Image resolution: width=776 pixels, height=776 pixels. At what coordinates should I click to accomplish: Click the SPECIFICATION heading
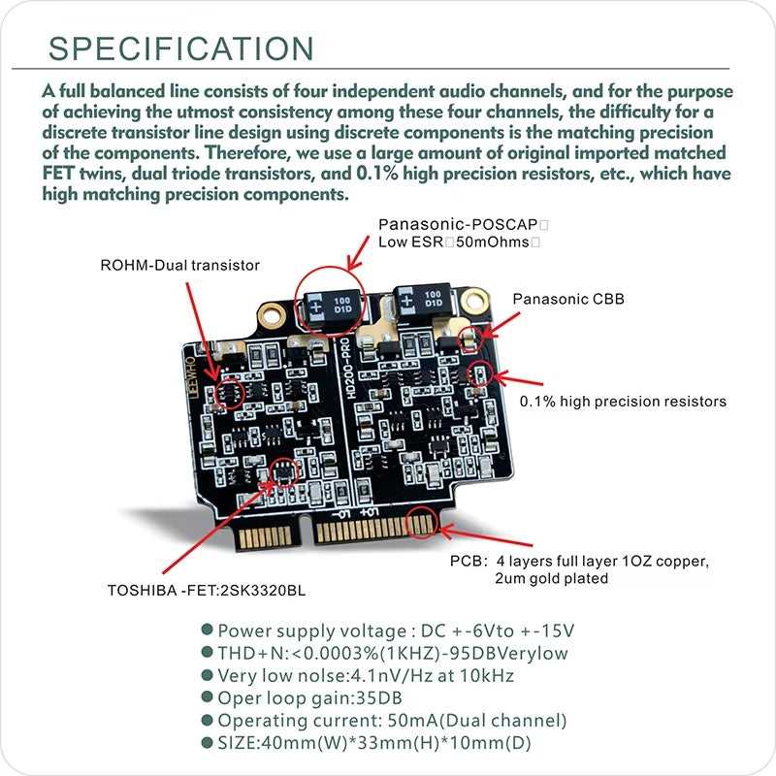pos(181,48)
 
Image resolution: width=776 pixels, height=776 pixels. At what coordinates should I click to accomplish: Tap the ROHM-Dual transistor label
pos(180,264)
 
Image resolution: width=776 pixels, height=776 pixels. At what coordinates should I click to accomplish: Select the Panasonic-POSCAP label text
pos(456,224)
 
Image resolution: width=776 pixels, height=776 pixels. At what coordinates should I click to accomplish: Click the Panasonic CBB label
pos(568,300)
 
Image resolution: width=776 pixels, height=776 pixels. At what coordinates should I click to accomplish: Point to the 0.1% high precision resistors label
pos(623,400)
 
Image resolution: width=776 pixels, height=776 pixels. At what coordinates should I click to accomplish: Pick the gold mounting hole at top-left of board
pos(270,312)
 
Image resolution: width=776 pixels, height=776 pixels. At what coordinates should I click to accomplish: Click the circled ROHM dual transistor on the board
pos(229,393)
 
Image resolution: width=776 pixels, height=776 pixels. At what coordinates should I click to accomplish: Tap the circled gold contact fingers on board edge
pos(421,523)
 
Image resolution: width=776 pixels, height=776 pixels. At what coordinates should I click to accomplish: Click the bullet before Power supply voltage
pos(207,631)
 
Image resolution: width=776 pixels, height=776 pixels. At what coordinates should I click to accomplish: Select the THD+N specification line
pos(392,654)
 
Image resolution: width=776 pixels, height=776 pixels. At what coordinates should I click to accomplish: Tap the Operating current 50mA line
pos(392,721)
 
